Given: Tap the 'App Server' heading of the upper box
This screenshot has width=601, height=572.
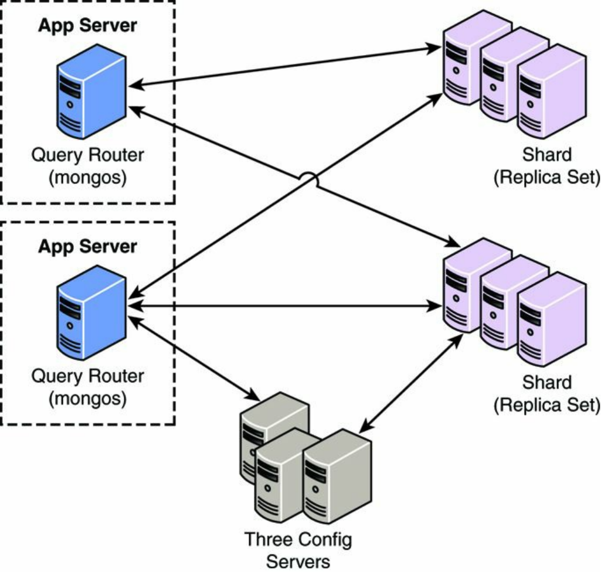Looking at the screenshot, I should pyautogui.click(x=87, y=26).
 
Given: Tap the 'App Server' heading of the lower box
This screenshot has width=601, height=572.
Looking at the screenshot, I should pyautogui.click(x=87, y=246).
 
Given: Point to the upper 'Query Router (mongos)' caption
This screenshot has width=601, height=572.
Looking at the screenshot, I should pyautogui.click(x=87, y=166).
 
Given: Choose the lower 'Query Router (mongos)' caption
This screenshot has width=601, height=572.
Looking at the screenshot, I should pyautogui.click(x=87, y=387).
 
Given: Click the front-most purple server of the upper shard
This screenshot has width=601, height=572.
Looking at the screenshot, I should pyautogui.click(x=551, y=94).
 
